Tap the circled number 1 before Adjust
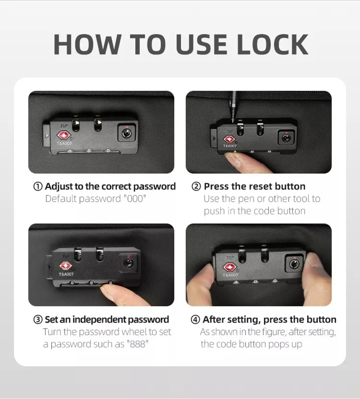pyautogui.click(x=38, y=186)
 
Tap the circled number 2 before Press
pyautogui.click(x=196, y=186)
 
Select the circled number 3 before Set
pyautogui.click(x=38, y=320)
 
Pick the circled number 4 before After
pyautogui.click(x=195, y=320)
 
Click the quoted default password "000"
pyautogui.click(x=135, y=199)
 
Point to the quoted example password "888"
pyautogui.click(x=136, y=344)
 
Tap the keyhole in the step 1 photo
pyautogui.click(x=126, y=133)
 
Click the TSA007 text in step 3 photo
pyautogui.click(x=66, y=274)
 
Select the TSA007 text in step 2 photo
pyautogui.click(x=230, y=146)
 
